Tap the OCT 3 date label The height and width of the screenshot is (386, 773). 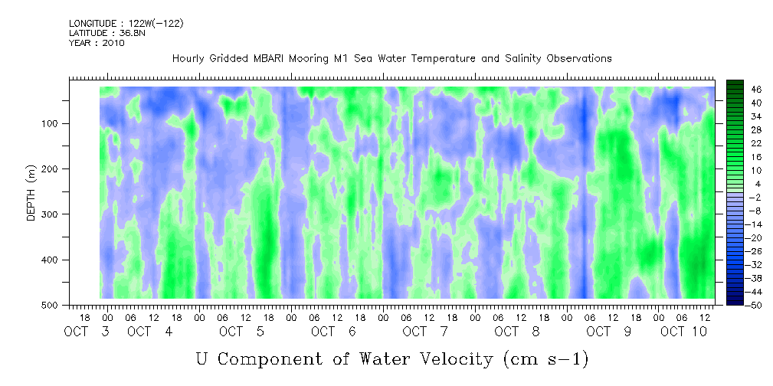tap(87, 332)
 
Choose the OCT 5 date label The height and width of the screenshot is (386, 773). tap(241, 332)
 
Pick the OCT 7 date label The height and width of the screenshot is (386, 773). tap(425, 332)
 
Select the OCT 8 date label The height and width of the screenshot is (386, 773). tap(517, 332)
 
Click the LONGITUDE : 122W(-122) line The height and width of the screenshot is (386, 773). tap(126, 23)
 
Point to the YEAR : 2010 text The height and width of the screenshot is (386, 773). tap(97, 43)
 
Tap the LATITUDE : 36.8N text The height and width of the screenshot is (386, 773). tap(107, 33)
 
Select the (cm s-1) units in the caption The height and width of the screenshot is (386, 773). tap(546, 359)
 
